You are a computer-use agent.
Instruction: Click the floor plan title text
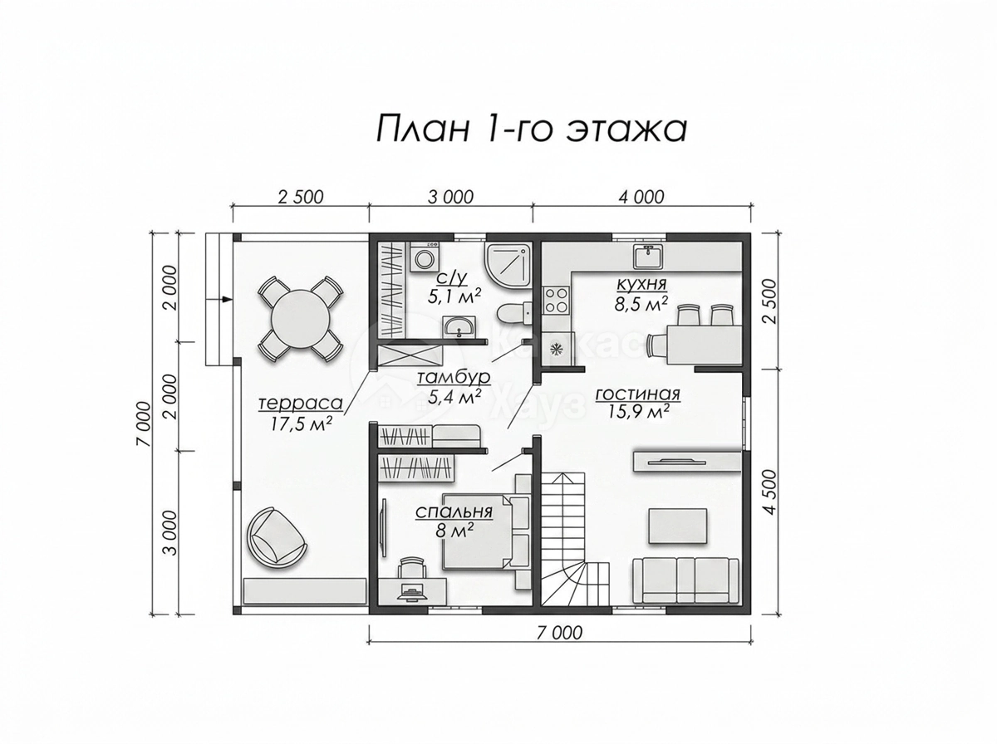pyautogui.click(x=531, y=129)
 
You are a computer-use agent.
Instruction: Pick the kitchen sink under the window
pyautogui.click(x=648, y=256)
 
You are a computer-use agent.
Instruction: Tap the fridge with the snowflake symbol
pyautogui.click(x=556, y=349)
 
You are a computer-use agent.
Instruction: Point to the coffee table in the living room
pyautogui.click(x=678, y=526)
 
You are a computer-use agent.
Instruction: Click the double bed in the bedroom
pyautogui.click(x=485, y=531)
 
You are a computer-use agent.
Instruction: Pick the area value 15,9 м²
pyautogui.click(x=638, y=413)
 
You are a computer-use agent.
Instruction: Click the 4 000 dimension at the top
pyautogui.click(x=641, y=198)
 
